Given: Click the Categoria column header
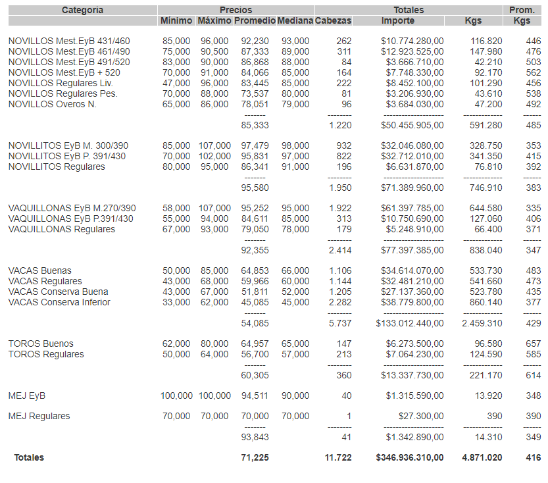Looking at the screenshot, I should pos(82,10).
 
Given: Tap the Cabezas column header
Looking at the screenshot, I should pos(334,21).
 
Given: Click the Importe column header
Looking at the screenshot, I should pos(398,21).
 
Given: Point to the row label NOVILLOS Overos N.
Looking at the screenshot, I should pos(52,105).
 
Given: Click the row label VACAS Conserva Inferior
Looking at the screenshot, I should pos(59,303).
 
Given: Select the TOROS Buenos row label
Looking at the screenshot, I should pos(41,344).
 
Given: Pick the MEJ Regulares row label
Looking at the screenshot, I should pos(39,417).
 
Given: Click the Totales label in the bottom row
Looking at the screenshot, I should pos(29,458).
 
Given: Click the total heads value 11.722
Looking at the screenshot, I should pos(338,458).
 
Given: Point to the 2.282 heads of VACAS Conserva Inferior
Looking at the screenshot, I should pos(340,303).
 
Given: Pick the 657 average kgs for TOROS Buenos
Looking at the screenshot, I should pos(533,344).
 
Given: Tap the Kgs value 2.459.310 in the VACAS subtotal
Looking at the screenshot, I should pos(482,324).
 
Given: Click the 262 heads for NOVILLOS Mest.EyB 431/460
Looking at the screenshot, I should pos(343,41).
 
